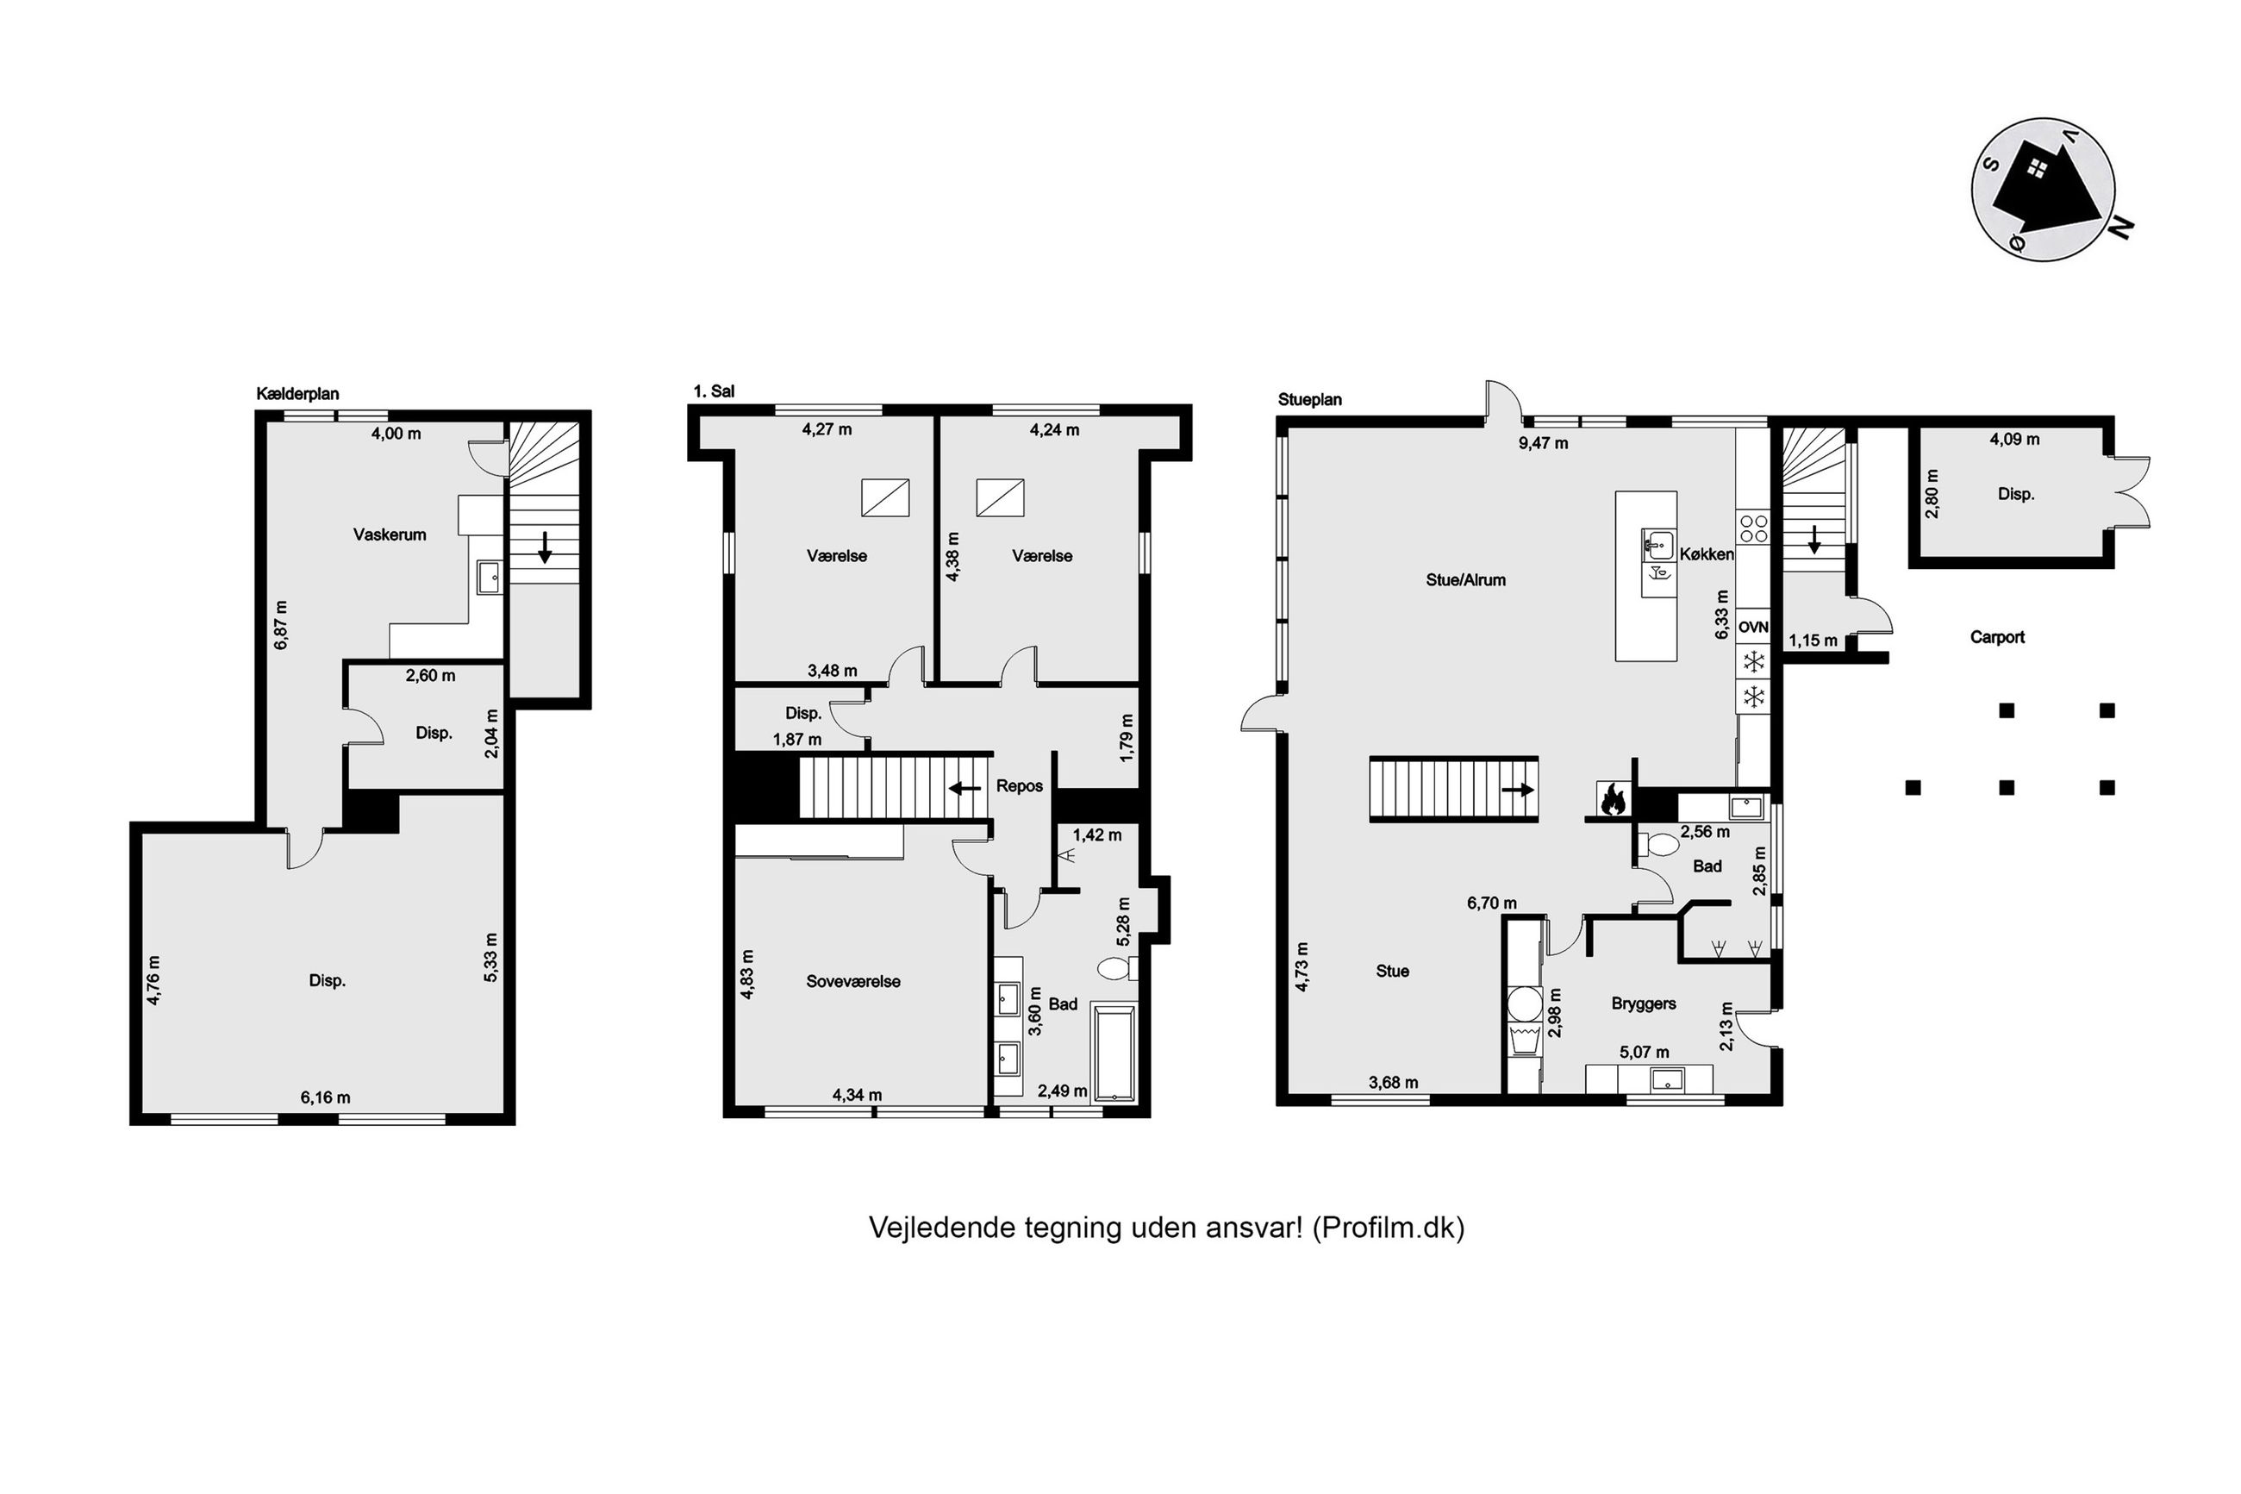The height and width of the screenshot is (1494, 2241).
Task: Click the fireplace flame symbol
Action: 1611,798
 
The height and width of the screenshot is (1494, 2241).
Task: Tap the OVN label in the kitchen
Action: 1753,627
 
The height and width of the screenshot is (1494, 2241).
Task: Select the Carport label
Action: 1997,637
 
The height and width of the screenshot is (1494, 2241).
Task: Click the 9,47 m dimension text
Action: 1542,443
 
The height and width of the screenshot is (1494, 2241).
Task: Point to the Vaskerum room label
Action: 390,534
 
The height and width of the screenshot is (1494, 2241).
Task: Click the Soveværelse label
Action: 853,981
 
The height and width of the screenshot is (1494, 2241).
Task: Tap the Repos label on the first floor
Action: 1019,786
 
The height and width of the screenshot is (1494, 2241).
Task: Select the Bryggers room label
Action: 1644,1003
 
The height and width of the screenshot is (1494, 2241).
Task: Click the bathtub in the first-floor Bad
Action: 1114,1052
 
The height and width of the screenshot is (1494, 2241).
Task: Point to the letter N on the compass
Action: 2120,227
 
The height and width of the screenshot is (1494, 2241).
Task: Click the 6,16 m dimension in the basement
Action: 326,1097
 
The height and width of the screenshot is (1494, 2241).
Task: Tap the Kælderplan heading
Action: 298,393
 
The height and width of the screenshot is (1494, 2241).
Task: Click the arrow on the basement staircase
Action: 544,547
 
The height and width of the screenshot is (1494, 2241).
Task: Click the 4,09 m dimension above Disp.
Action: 2014,440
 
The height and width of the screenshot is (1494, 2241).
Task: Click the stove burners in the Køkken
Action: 1754,528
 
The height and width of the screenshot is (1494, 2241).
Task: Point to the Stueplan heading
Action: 1309,399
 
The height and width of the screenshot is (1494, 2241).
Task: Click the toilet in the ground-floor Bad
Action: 1660,844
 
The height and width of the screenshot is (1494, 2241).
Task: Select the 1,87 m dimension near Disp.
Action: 797,740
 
